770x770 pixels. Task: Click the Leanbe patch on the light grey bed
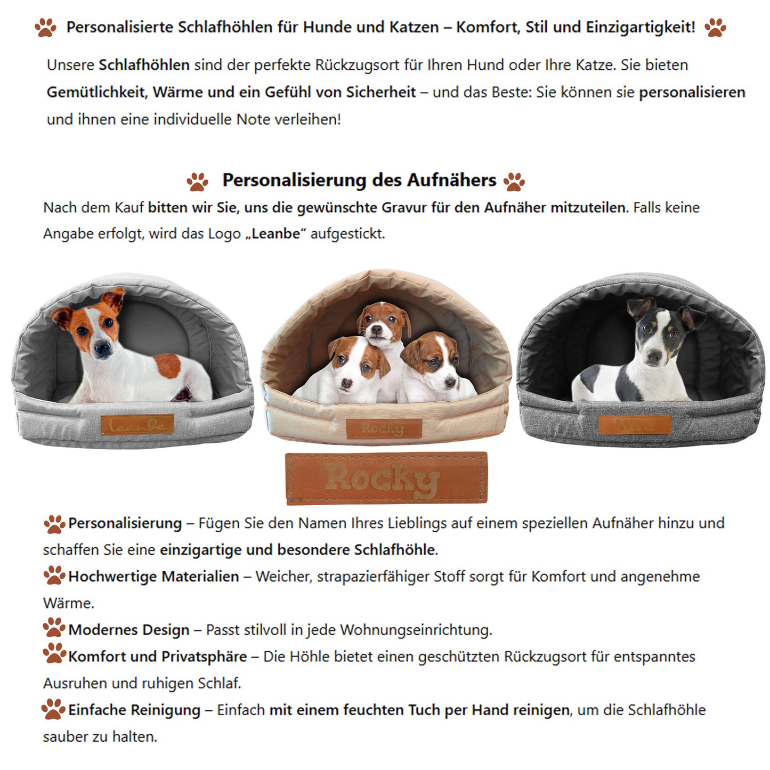pos(137,425)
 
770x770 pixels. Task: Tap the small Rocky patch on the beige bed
pos(384,428)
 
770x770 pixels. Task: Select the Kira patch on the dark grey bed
pos(634,425)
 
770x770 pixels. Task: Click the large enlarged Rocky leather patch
pos(386,477)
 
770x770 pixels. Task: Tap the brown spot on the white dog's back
pos(168,366)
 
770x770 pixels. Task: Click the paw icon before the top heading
pos(46,27)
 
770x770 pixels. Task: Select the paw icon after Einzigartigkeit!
pos(715,27)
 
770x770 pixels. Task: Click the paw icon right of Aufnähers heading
pos(514,181)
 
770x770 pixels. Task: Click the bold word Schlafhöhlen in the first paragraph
pos(144,65)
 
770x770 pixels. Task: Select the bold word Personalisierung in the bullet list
pos(125,523)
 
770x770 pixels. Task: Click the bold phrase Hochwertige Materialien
pos(153,577)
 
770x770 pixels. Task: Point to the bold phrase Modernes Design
pos(128,630)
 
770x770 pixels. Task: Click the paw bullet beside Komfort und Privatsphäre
pos(54,653)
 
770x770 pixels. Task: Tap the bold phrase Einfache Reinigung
pos(134,710)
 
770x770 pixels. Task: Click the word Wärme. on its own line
pos(68,603)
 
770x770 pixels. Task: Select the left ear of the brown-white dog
pos(62,317)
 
